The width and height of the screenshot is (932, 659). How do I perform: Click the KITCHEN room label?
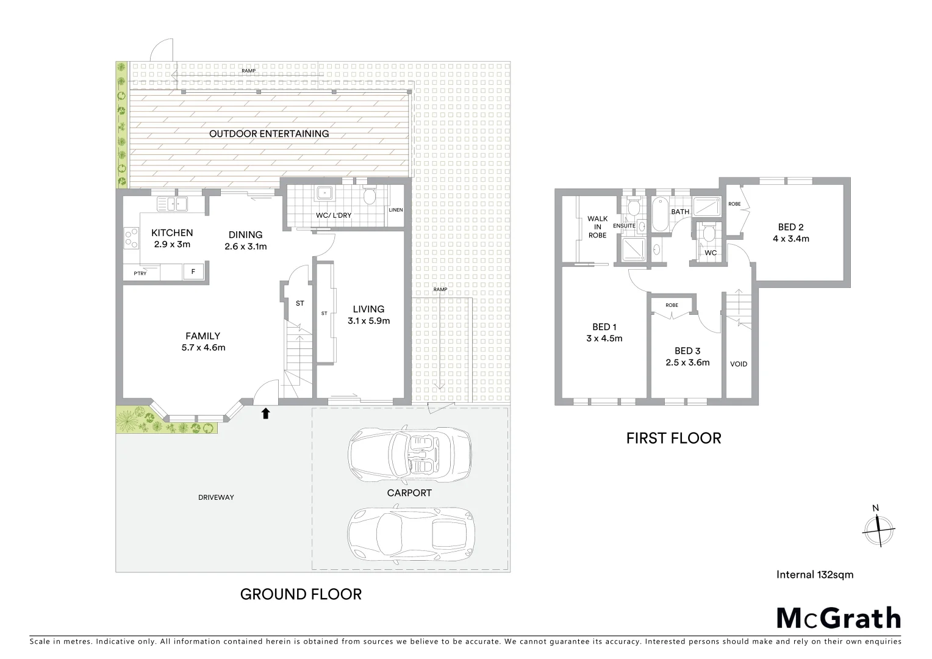(x=172, y=232)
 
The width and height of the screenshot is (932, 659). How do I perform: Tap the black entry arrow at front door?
(x=265, y=414)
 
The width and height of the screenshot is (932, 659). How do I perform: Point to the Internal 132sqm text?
(x=814, y=574)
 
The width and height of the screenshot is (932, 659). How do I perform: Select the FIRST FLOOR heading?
(x=673, y=438)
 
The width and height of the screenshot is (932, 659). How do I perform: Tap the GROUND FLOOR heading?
(x=301, y=594)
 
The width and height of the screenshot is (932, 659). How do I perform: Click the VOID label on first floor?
(x=738, y=364)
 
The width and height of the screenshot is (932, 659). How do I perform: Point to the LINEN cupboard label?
(x=395, y=210)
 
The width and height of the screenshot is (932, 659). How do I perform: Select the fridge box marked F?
(x=193, y=272)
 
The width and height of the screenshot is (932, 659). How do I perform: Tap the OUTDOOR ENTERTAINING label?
(x=269, y=134)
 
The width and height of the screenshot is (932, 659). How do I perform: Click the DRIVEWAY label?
(x=216, y=497)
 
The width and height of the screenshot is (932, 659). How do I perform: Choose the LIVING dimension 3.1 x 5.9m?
(x=368, y=320)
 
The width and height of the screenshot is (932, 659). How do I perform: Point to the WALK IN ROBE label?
(x=597, y=226)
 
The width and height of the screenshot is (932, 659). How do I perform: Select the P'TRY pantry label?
(x=140, y=273)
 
